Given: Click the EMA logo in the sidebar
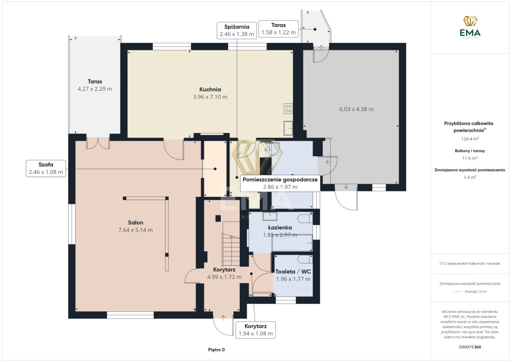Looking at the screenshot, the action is (470, 27).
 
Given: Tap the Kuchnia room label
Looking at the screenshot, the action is (210, 89).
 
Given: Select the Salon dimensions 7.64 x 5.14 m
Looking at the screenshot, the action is (135, 230).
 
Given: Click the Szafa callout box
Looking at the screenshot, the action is (46, 168).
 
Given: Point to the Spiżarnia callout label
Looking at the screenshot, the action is (237, 30).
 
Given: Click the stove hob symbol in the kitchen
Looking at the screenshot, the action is (288, 108).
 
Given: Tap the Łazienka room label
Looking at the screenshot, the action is (280, 228).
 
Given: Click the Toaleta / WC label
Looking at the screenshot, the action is (293, 272).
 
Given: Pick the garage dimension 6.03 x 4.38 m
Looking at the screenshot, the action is (356, 109).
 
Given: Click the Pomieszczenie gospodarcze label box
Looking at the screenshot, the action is (280, 183).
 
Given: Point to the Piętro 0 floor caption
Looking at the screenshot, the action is (216, 350).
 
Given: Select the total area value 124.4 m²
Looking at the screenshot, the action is (470, 139).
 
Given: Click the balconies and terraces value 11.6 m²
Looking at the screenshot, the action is (470, 158).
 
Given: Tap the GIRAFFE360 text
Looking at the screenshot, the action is (470, 347).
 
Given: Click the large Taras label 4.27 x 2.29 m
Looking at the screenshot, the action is (95, 85).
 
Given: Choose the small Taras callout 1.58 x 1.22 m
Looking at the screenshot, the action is (278, 29).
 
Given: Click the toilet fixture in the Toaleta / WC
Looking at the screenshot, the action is (305, 259).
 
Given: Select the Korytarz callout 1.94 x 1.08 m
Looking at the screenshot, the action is (256, 330).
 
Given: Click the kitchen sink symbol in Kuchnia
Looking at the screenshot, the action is (288, 128).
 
